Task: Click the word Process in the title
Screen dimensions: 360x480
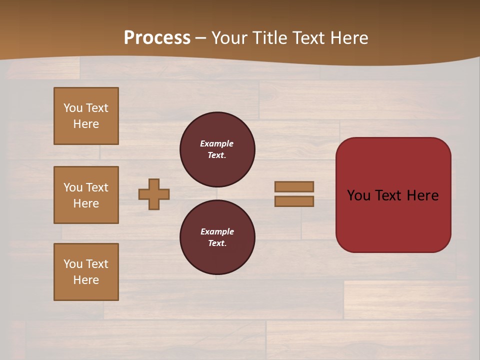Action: click(x=157, y=38)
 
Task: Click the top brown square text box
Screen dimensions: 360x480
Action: click(x=86, y=116)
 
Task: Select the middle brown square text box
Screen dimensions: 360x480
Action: click(x=86, y=195)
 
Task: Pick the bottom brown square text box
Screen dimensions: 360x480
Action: click(x=86, y=272)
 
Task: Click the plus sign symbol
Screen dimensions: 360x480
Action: click(x=154, y=194)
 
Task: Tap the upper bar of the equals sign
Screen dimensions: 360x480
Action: click(x=294, y=186)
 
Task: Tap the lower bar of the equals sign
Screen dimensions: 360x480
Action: click(x=294, y=201)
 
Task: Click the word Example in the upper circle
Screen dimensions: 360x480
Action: click(x=216, y=143)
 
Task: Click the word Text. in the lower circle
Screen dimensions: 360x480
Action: click(x=217, y=243)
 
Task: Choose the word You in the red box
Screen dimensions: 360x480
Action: click(x=358, y=195)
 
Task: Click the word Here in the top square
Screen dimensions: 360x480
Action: click(x=86, y=124)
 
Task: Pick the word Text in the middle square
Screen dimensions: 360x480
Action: click(x=97, y=187)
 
